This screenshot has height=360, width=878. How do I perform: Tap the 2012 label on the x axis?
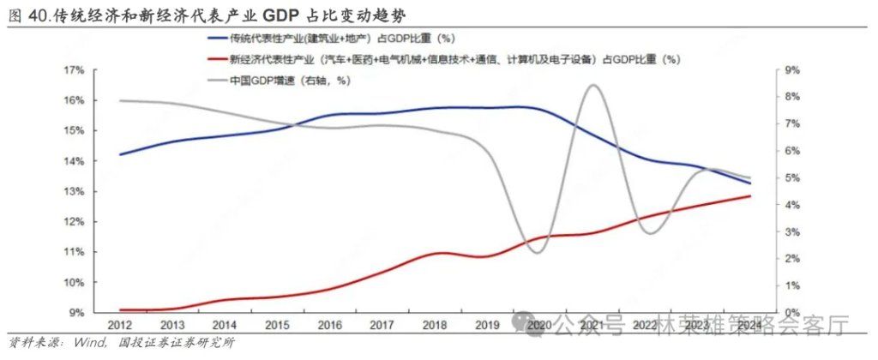click(118, 326)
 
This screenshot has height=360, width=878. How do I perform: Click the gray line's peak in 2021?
click(591, 85)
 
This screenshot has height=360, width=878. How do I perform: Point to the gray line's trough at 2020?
click(537, 253)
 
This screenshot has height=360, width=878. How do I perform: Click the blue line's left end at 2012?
click(120, 155)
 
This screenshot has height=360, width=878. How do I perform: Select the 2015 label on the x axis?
click(278, 326)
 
